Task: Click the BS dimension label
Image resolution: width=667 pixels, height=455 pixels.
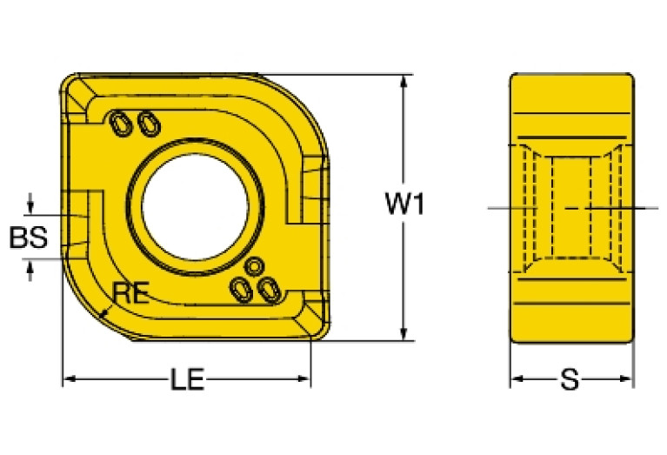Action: click(27, 238)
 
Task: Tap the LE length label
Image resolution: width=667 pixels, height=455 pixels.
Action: click(187, 379)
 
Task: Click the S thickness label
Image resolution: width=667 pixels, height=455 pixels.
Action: click(570, 379)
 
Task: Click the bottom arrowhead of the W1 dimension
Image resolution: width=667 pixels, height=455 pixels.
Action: click(404, 334)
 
